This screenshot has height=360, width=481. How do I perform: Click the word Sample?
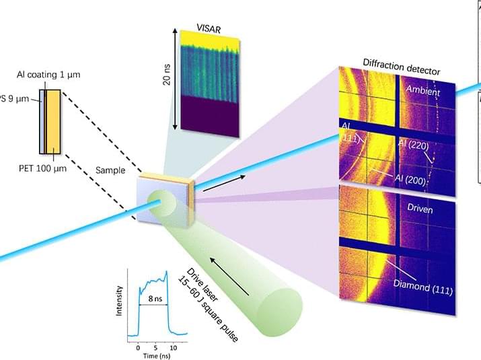110,170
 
